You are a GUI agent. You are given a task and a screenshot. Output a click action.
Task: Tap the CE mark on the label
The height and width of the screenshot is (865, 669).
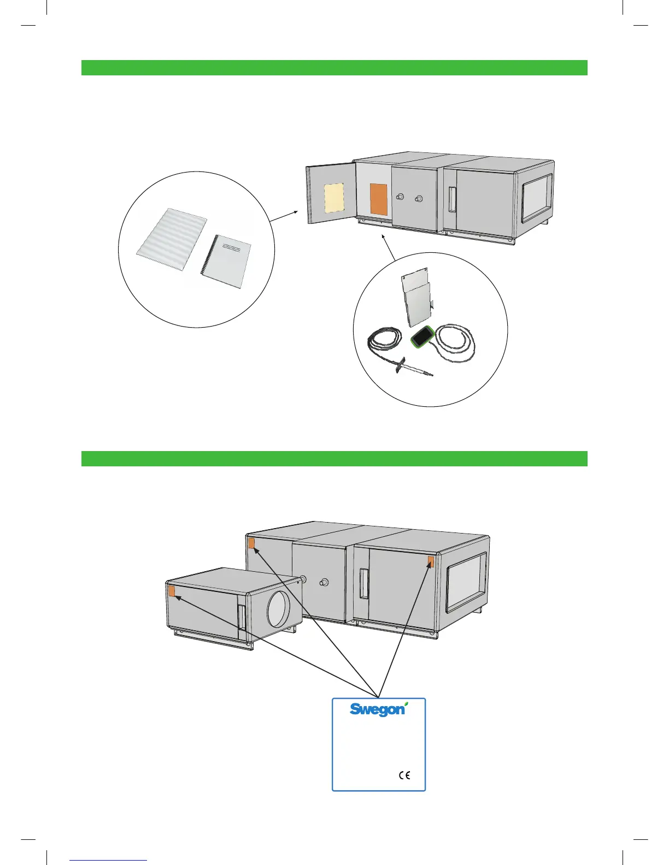(x=404, y=775)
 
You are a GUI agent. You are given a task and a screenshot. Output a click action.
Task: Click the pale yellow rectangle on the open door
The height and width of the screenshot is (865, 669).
(x=334, y=198)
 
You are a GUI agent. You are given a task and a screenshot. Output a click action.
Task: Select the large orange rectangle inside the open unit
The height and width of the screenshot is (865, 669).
(x=378, y=199)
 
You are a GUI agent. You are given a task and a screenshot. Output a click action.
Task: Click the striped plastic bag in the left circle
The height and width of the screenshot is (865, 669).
(x=172, y=239)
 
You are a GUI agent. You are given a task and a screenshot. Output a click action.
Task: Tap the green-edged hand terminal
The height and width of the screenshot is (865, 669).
(x=422, y=335)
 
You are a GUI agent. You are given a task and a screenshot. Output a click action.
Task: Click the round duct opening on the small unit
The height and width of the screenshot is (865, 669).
(x=279, y=608)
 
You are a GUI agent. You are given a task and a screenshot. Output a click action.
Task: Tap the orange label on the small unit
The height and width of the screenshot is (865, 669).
(x=172, y=591)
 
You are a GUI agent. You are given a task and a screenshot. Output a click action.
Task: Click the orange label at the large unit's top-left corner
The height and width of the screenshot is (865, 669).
(x=251, y=543)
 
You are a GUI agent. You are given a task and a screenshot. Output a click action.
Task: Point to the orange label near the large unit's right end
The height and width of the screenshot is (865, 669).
(x=430, y=561)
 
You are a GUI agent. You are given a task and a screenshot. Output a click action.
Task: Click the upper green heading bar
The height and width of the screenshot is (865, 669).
(x=334, y=68)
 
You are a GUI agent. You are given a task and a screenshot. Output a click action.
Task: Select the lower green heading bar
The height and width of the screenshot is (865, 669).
(x=334, y=459)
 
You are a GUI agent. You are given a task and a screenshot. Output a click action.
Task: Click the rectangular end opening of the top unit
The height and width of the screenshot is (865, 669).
(x=536, y=198)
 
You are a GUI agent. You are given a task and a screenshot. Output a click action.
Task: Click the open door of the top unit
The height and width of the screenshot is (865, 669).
(x=330, y=194)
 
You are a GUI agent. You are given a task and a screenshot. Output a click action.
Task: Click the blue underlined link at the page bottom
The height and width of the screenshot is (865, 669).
(x=109, y=860)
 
